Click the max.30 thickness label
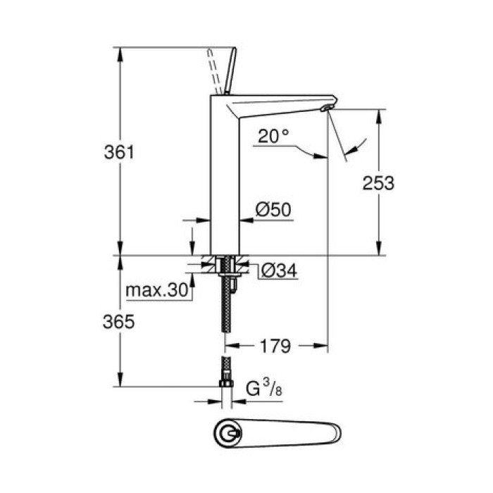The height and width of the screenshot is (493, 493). [156, 289]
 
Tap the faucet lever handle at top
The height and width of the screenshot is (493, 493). [229, 70]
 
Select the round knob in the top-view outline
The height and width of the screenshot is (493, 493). [228, 433]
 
